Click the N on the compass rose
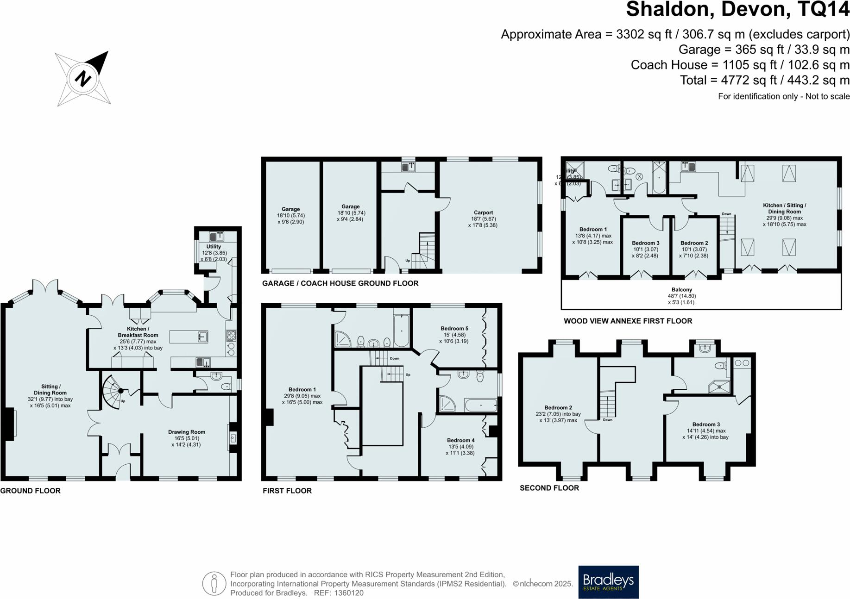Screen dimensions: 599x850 (x=83, y=78)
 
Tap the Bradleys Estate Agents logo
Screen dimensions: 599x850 (x=608, y=582)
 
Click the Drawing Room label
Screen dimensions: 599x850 (x=187, y=432)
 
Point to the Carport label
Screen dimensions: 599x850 (x=483, y=212)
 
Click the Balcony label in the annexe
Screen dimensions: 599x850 (x=681, y=290)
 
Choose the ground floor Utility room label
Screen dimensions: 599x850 (x=214, y=247)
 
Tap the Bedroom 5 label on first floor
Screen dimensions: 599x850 (x=454, y=328)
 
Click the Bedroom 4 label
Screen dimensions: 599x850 (x=460, y=440)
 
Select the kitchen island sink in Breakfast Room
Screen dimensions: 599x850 (x=202, y=337)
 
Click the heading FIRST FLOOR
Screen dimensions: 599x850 (x=287, y=491)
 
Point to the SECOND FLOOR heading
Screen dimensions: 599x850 (x=549, y=488)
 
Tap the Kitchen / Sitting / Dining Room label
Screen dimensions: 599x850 (x=784, y=208)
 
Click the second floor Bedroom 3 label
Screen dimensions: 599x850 (x=706, y=424)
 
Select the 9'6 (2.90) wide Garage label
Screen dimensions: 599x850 (x=291, y=209)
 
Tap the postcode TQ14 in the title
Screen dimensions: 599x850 (x=824, y=9)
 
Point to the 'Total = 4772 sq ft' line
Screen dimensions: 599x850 (x=764, y=80)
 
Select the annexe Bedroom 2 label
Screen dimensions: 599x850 (x=694, y=243)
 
